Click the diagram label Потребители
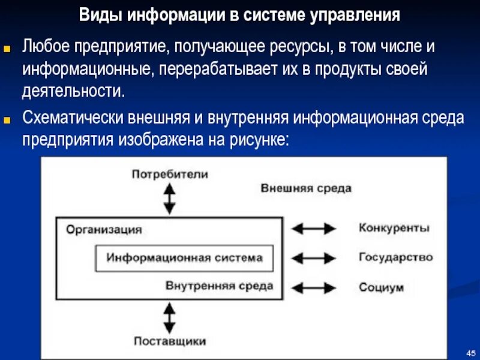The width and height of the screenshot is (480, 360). pyautogui.click(x=170, y=175)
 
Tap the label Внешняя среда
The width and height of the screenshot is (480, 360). pyautogui.click(x=306, y=188)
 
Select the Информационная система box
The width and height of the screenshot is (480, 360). pyautogui.click(x=184, y=258)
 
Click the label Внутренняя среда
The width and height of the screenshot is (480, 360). pyautogui.click(x=220, y=286)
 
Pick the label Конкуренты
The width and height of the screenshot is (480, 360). pyautogui.click(x=394, y=228)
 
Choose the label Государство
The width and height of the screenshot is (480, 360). pyautogui.click(x=395, y=257)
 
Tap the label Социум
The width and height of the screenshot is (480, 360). pyautogui.click(x=381, y=287)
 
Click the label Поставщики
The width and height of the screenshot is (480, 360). pyautogui.click(x=170, y=341)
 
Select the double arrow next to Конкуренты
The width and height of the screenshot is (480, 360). pyautogui.click(x=313, y=229)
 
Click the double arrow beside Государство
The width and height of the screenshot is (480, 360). pyautogui.click(x=313, y=258)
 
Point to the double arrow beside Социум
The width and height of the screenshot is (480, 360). pyautogui.click(x=313, y=287)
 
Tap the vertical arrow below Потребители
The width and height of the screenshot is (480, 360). pyautogui.click(x=170, y=199)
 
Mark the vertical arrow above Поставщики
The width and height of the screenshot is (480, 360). pyautogui.click(x=170, y=317)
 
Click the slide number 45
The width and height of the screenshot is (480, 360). pyautogui.click(x=470, y=351)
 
